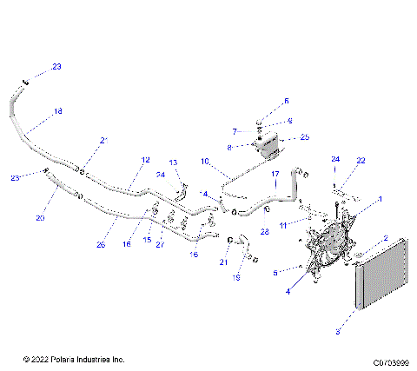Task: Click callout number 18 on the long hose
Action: [x=58, y=111]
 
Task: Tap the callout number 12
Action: [x=145, y=160]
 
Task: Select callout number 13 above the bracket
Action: [x=172, y=162]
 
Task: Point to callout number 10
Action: [x=205, y=162]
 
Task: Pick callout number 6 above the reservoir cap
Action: [x=287, y=101]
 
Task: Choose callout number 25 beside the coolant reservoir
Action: [x=304, y=137]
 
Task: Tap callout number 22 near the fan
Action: [x=361, y=161]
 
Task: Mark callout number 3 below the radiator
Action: [x=338, y=331]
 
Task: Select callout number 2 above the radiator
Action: [x=385, y=238]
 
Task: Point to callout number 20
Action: [x=40, y=218]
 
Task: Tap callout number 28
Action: [x=265, y=233]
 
